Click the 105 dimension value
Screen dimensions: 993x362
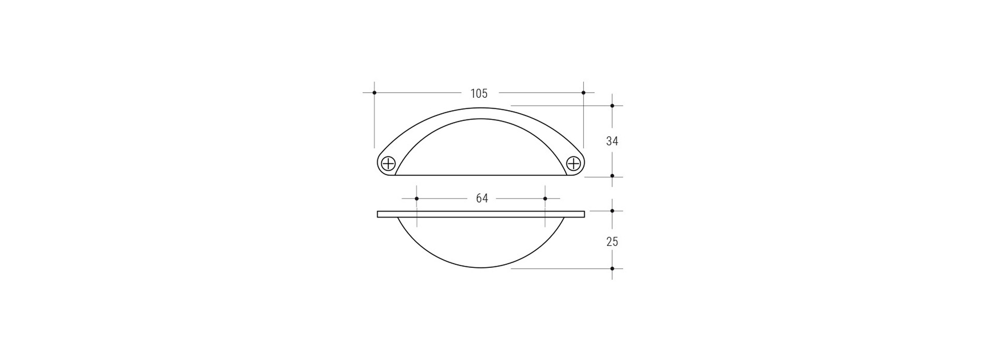click(479, 94)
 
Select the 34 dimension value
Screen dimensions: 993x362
click(612, 141)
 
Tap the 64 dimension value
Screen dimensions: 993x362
click(482, 199)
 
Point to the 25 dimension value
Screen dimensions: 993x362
click(612, 242)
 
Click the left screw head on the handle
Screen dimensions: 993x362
click(388, 164)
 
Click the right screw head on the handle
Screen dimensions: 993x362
click(574, 164)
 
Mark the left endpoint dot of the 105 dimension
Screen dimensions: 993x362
click(374, 93)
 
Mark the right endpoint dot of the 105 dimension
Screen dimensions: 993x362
click(583, 93)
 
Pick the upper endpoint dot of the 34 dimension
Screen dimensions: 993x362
click(612, 105)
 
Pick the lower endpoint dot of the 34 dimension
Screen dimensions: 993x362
click(612, 176)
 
